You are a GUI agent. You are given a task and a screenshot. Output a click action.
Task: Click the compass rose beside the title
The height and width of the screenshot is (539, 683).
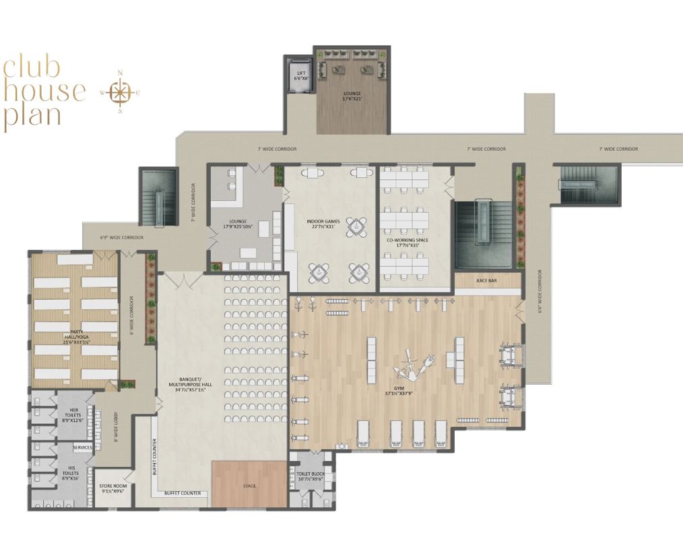[120, 92]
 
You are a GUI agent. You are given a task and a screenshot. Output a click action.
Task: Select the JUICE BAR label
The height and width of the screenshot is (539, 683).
[487, 280]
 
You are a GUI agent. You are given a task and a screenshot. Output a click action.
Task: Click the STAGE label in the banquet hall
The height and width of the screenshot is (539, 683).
[249, 486]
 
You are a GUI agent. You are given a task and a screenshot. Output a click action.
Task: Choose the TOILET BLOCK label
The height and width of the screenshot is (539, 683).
[311, 474]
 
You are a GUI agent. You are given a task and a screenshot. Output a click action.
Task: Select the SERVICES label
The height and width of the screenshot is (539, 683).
[82, 447]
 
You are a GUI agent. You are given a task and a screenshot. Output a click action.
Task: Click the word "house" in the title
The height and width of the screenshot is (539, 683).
[44, 90]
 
